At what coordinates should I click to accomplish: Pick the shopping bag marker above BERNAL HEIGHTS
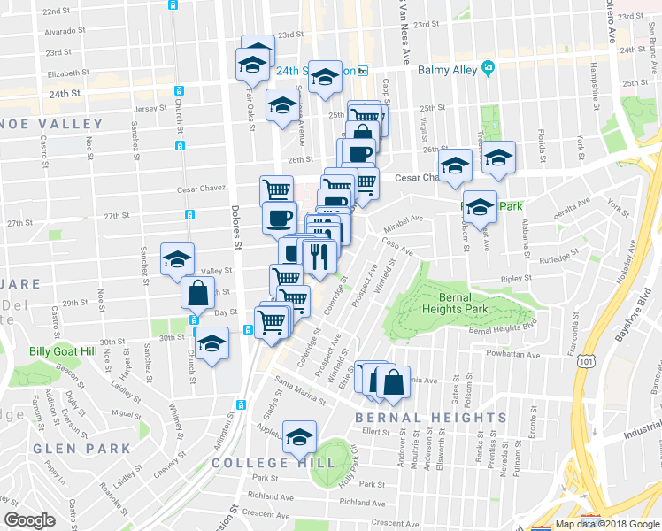point(394,382)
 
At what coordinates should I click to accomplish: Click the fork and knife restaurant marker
point(318,257)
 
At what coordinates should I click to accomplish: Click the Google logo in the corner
point(30,520)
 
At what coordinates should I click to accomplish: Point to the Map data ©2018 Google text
point(607,524)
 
